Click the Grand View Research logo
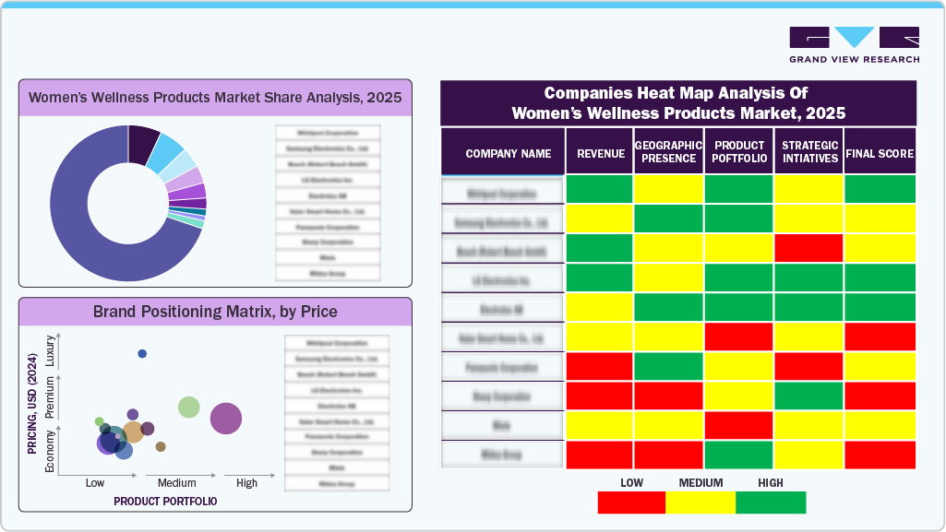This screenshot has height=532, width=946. pos(854,44)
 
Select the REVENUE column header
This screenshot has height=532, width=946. pos(600,153)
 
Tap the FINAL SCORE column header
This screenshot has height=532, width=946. pos(880,153)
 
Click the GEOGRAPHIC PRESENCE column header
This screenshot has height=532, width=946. pos(669,152)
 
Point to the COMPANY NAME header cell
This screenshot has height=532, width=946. pos(508,153)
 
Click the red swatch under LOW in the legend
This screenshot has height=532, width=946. pos(631,502)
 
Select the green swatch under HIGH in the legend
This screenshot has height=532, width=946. pos(771,502)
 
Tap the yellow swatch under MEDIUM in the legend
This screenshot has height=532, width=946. pos(701,502)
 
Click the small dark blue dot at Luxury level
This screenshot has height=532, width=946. pos(142,354)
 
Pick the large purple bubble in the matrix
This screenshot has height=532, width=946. pos(226,419)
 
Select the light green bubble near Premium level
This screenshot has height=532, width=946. pos(189,407)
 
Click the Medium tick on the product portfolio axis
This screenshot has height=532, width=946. pos(176,483)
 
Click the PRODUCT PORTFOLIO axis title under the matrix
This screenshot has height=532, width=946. pos(165,501)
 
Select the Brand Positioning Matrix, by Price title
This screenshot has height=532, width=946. pos(215,312)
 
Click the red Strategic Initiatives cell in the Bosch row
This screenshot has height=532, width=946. pos(808,248)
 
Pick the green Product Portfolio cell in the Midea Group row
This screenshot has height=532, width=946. pos(738,455)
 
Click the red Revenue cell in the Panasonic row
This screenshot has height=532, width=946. pos(600,366)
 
